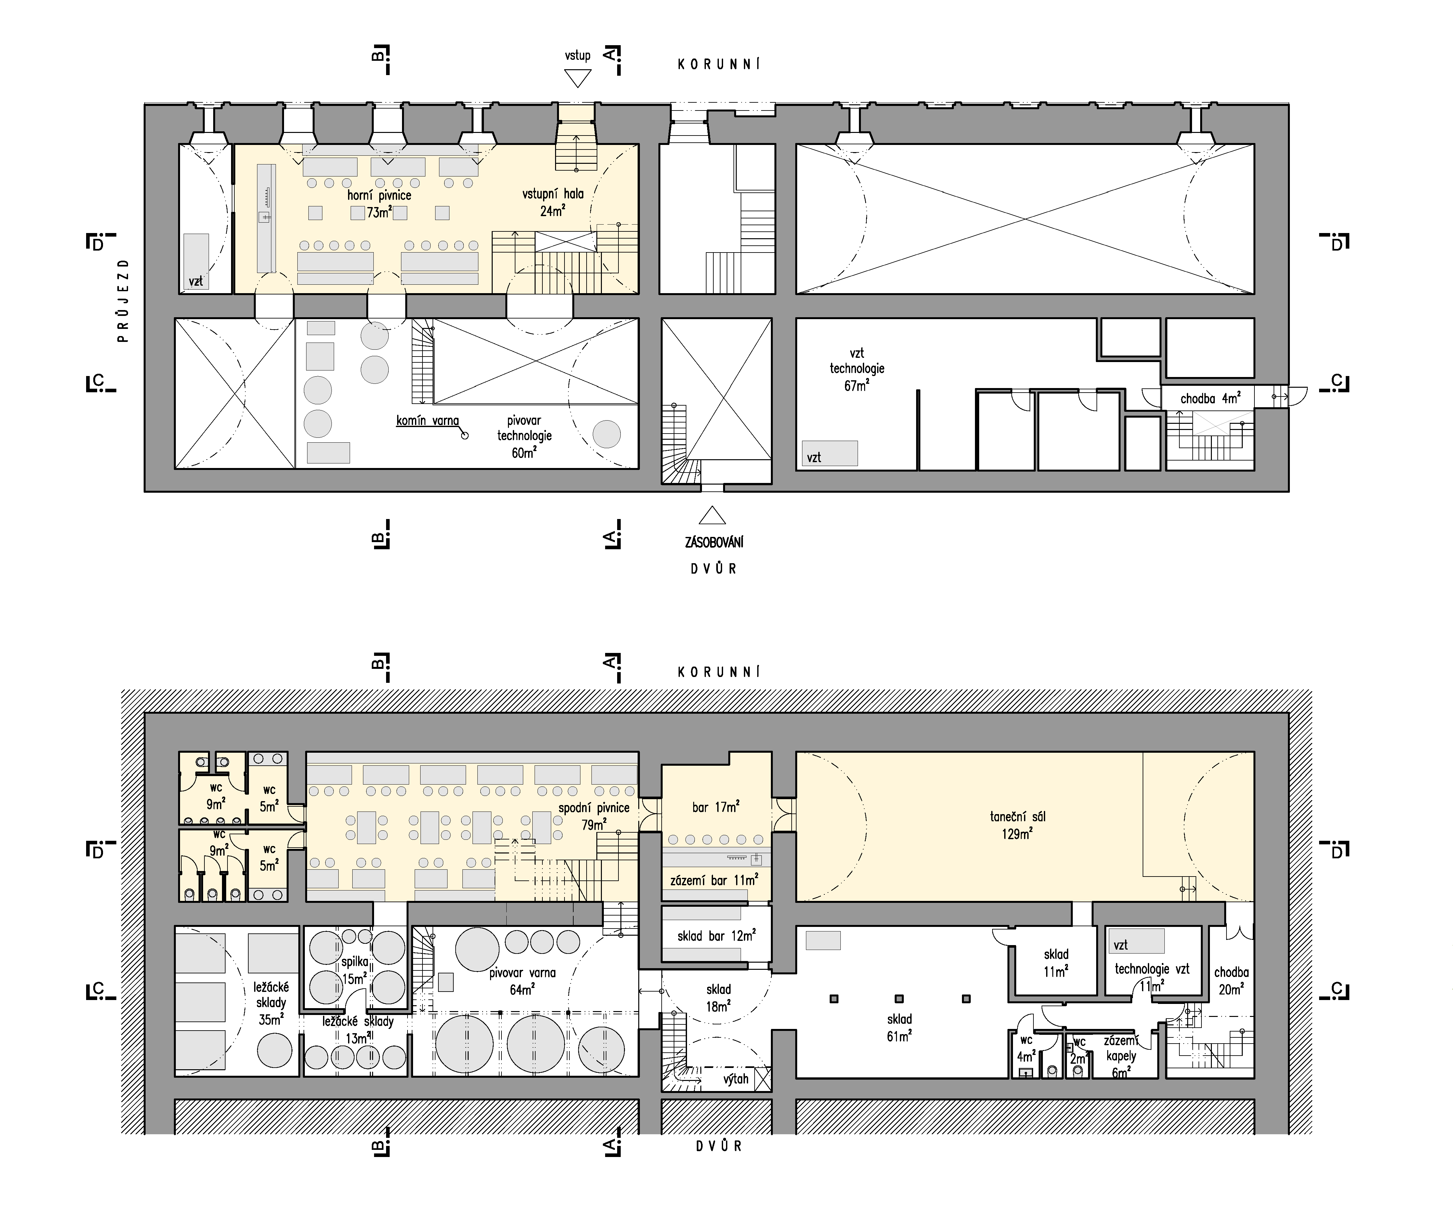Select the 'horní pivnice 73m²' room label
[x=379, y=203]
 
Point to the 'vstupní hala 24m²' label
[x=553, y=202]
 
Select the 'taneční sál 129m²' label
[x=1017, y=825]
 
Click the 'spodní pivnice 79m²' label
[x=594, y=816]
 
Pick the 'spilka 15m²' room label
[x=354, y=969]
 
